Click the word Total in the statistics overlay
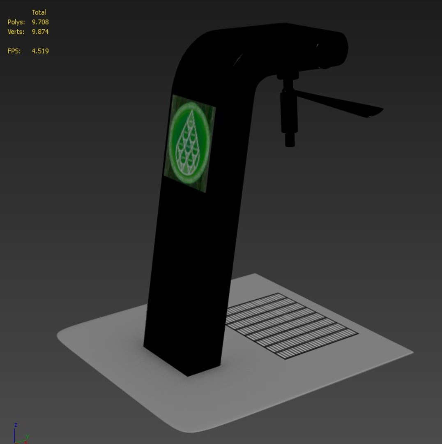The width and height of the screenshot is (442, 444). [x=39, y=12]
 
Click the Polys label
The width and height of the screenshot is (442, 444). [x=16, y=22]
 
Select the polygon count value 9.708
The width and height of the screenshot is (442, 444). [x=40, y=22]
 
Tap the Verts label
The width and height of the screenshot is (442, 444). [x=16, y=32]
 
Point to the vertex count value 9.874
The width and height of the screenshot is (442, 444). [x=40, y=32]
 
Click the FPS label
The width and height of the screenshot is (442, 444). [x=14, y=51]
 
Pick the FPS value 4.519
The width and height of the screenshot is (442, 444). [x=40, y=51]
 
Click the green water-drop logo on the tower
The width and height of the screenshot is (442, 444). [x=189, y=143]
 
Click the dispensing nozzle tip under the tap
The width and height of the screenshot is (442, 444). [x=290, y=142]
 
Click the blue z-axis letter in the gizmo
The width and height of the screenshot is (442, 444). [x=16, y=425]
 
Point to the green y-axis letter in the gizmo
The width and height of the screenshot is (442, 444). [x=28, y=436]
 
